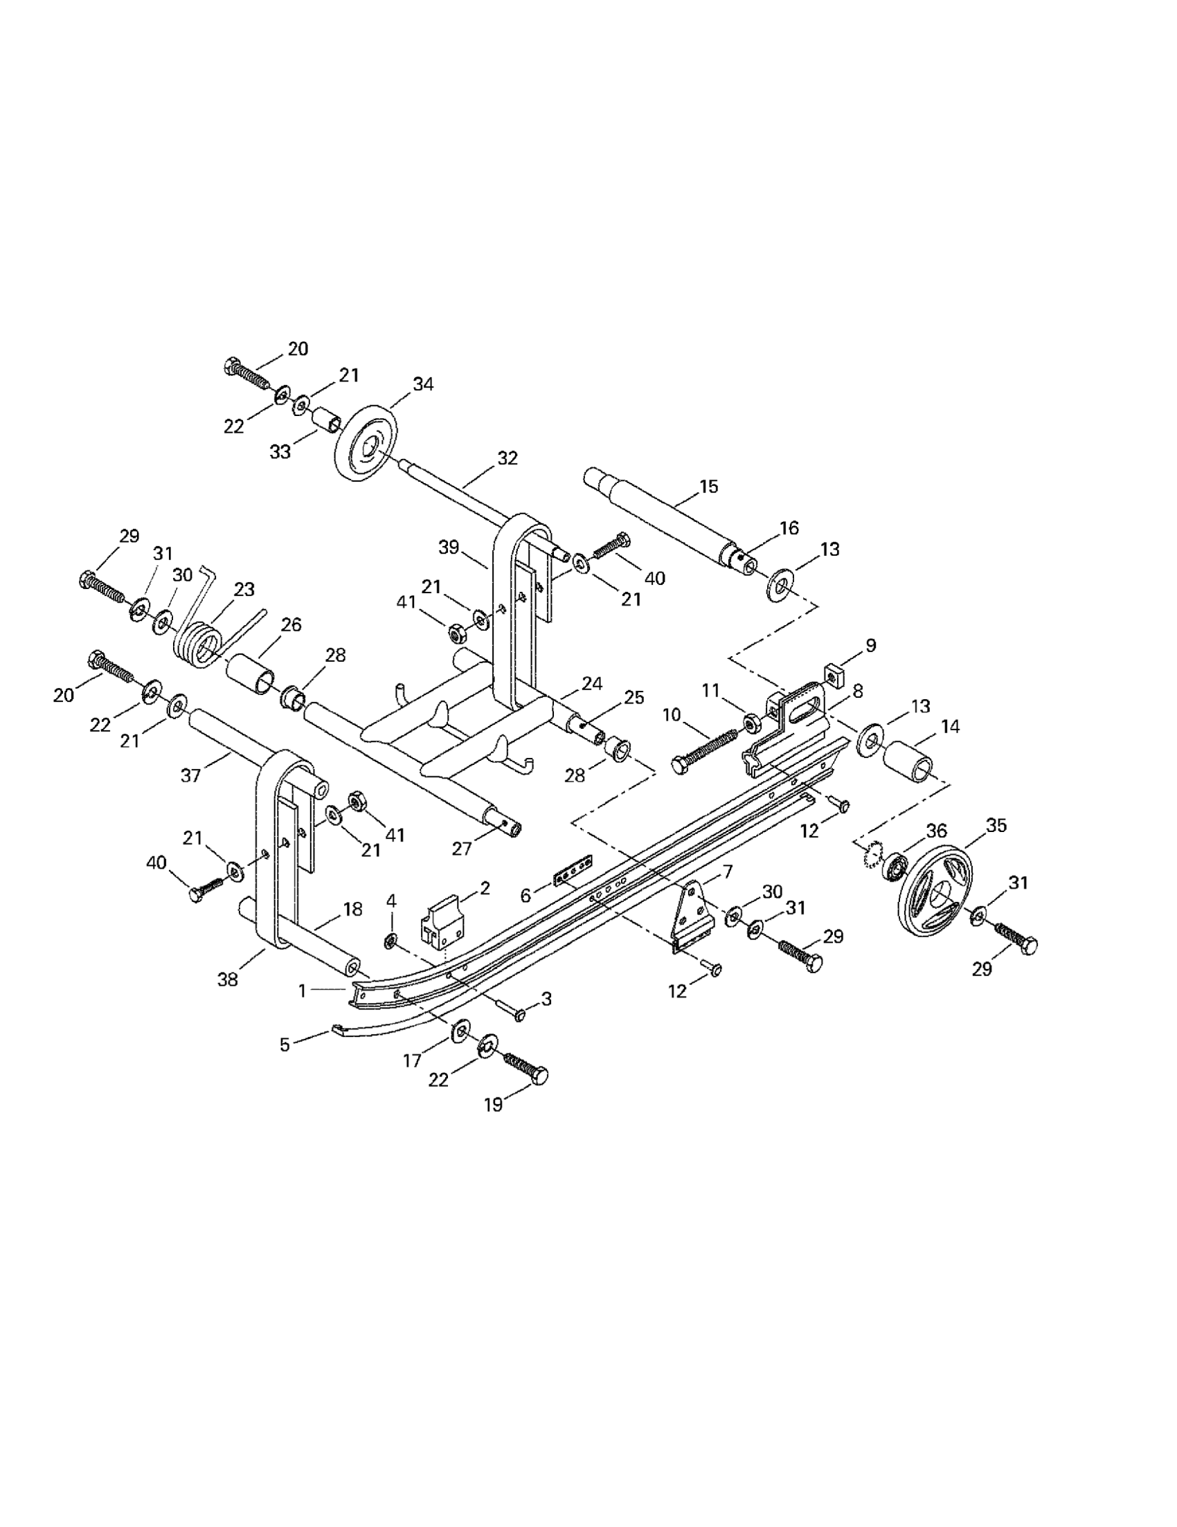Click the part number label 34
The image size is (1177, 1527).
(x=423, y=385)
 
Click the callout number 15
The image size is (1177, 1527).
(x=708, y=487)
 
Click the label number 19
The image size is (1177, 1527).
(x=494, y=1105)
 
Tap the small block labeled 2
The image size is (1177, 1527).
(x=441, y=927)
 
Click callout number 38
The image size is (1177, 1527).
(x=227, y=979)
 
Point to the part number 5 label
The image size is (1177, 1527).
(x=285, y=1045)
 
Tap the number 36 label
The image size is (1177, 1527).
(x=937, y=831)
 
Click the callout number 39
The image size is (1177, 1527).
(x=448, y=548)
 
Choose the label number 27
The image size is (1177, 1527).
(x=462, y=848)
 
